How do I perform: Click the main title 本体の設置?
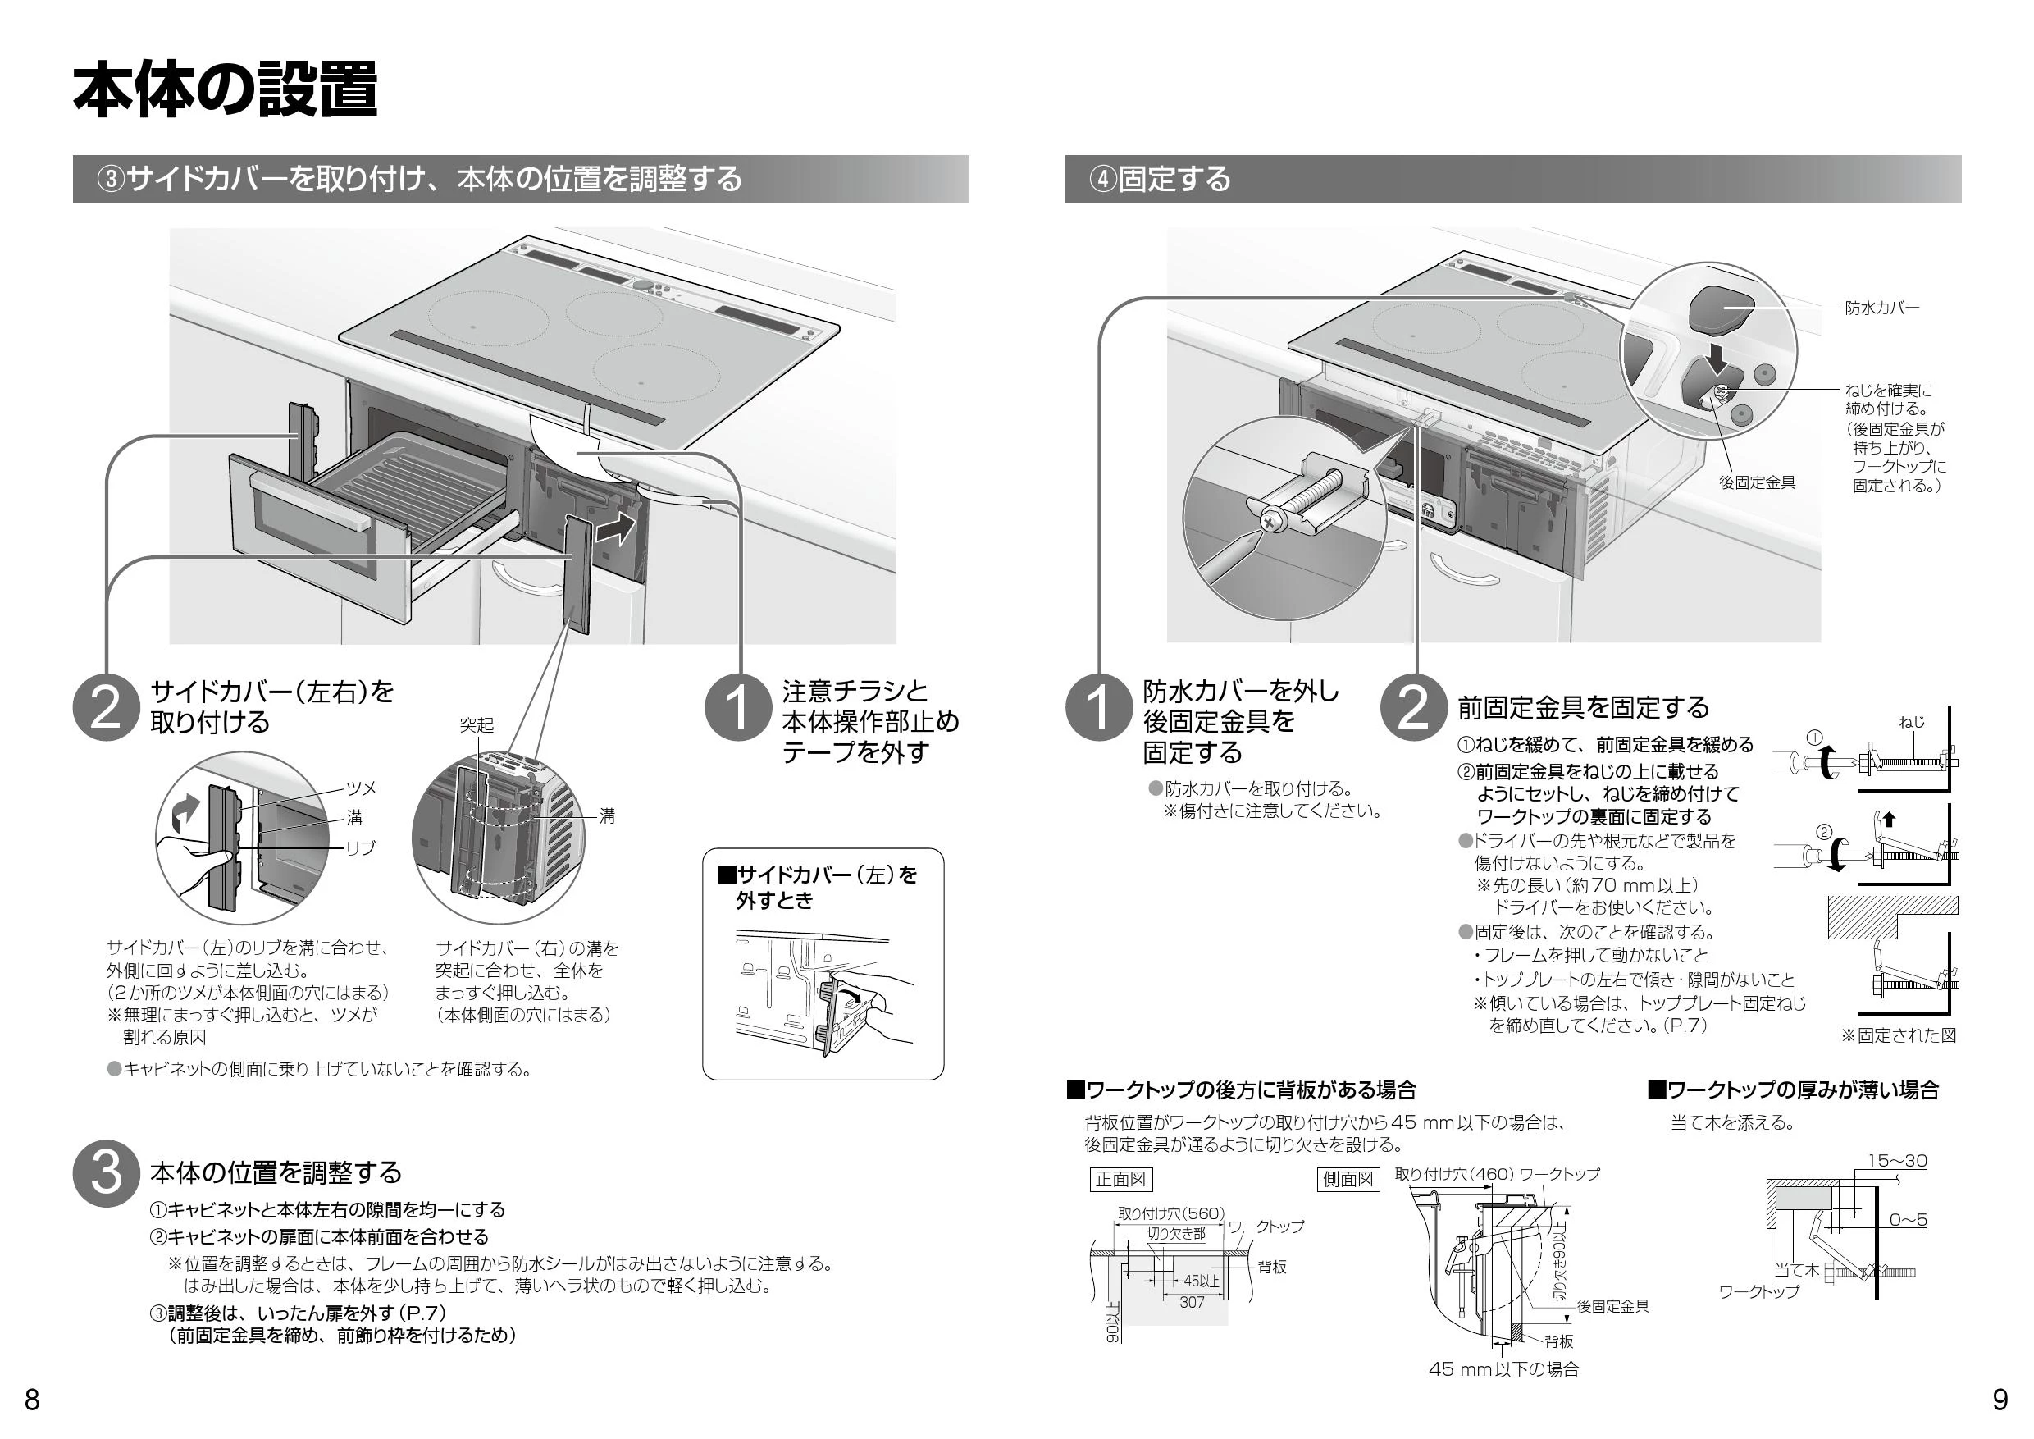(225, 90)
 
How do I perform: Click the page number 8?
(32, 1399)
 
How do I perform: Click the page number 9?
(2000, 1399)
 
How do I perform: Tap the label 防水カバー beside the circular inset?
(1881, 308)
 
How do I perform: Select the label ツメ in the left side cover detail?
(361, 788)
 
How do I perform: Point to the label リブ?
(360, 849)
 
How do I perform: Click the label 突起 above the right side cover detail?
(477, 724)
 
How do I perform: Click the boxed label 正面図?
(1120, 1180)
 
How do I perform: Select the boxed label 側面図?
(1348, 1180)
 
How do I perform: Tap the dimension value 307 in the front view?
(1192, 1303)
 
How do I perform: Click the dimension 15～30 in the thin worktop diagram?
(1897, 1162)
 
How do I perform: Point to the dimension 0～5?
(1908, 1220)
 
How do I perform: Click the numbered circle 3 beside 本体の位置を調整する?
(107, 1173)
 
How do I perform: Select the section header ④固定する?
(1160, 179)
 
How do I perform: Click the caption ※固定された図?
(1899, 1035)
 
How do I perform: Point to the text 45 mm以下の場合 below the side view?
(1503, 1369)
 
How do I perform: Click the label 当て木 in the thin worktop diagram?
(1795, 1271)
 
